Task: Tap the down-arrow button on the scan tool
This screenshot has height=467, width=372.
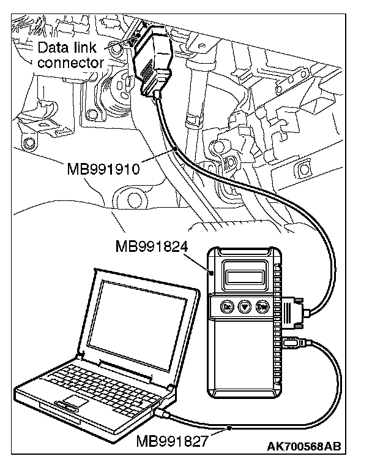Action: point(245,307)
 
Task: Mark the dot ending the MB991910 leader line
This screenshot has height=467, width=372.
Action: point(176,149)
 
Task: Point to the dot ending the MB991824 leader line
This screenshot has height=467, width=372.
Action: point(210,275)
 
